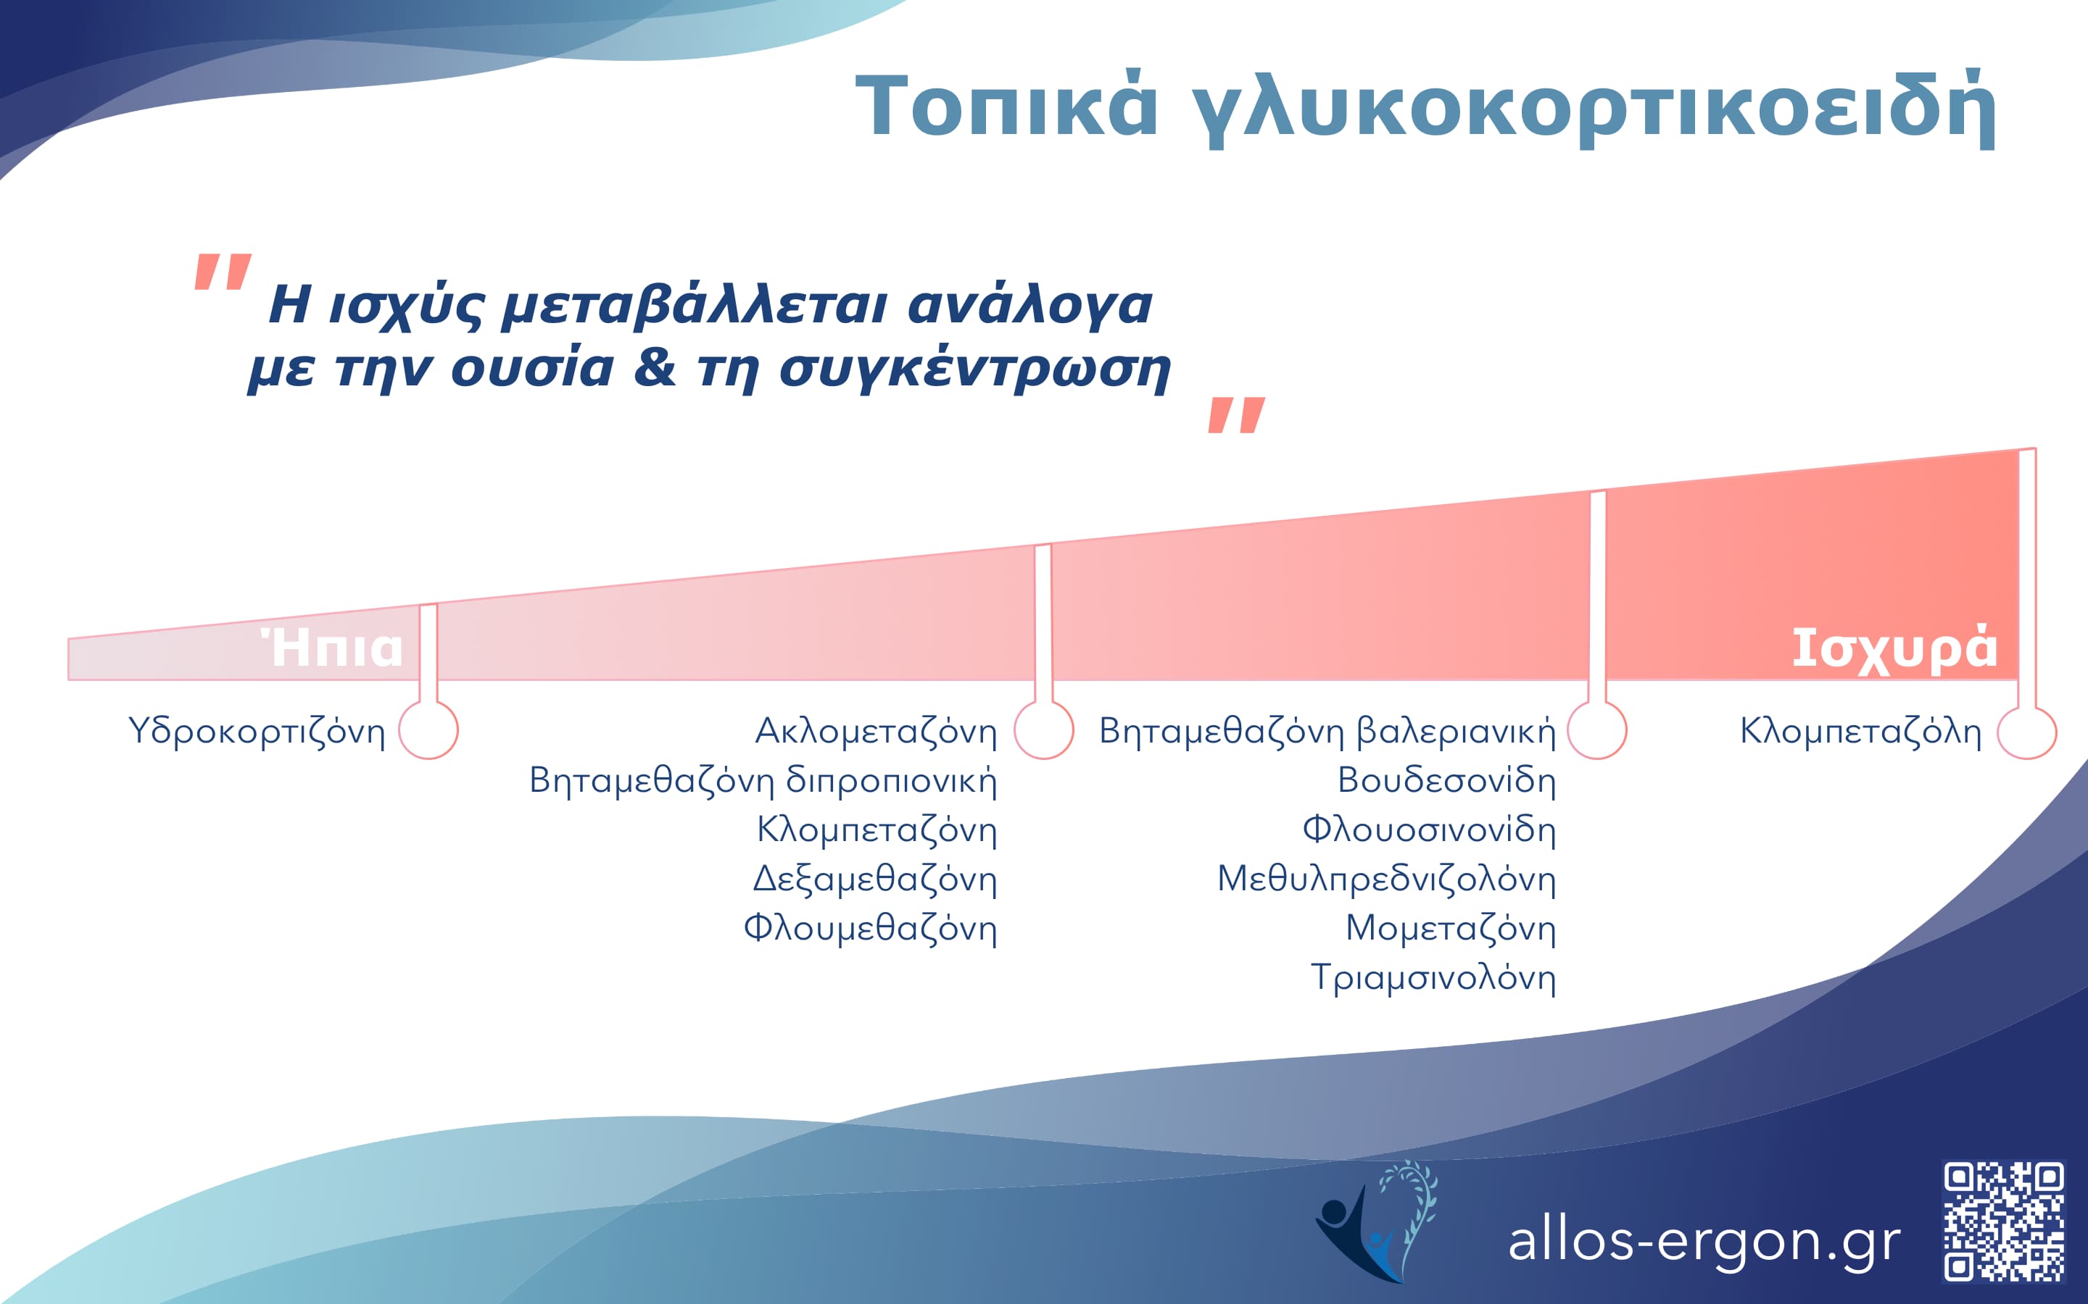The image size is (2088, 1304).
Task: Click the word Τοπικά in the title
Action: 1005,108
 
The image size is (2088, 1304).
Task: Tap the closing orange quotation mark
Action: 1236,415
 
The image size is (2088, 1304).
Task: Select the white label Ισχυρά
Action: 1894,648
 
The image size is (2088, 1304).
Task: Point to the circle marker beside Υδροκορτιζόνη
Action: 428,730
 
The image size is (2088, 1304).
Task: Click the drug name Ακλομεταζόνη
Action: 876,732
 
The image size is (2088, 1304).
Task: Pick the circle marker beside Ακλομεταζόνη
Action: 1044,730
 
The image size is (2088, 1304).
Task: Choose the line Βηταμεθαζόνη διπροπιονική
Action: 763,780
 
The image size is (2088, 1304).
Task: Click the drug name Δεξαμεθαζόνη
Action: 875,879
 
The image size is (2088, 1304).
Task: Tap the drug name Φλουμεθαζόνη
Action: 870,928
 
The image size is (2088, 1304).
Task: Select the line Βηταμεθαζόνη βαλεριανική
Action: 1327,732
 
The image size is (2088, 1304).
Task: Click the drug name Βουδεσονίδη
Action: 1446,780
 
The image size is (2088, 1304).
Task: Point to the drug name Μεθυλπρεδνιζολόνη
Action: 1386,879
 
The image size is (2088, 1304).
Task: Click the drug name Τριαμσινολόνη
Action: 1433,978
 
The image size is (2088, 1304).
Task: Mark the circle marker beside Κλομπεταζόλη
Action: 2027,732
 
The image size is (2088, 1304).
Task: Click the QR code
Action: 2003,1221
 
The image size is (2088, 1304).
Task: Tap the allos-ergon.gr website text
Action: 1704,1242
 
